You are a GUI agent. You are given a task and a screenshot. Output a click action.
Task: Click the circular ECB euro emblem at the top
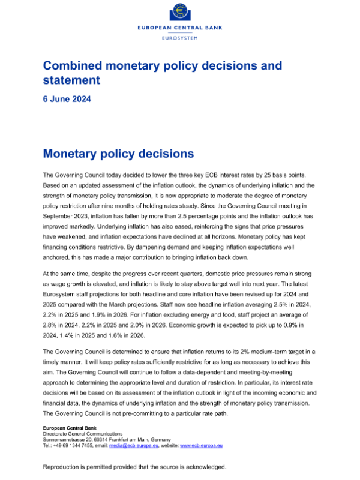tap(179, 13)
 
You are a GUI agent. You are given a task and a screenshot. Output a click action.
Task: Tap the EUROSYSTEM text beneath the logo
tap(179, 38)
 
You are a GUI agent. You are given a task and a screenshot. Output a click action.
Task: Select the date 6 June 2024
tap(67, 100)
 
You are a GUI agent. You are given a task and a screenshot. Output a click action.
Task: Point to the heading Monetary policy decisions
tap(118, 154)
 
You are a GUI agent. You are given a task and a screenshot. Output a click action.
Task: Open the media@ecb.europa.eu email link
tap(136, 446)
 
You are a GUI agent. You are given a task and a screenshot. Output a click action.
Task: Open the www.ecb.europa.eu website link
tap(202, 446)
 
